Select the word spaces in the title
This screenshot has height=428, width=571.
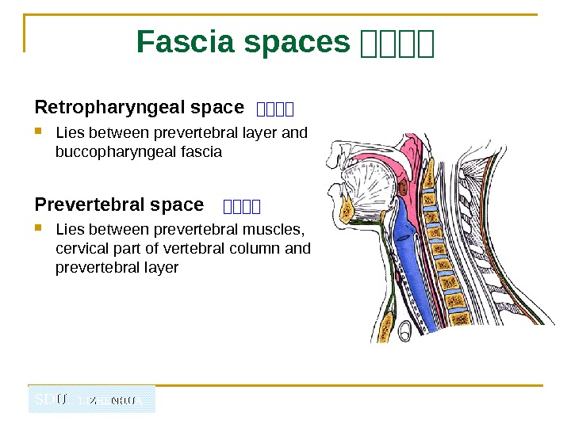pos(297,43)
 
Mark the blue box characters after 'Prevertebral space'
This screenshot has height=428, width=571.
pos(242,208)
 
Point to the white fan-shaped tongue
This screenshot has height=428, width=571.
pos(369,186)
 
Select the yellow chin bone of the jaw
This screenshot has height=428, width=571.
pos(347,210)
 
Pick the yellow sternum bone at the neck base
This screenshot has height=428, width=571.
pos(387,324)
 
